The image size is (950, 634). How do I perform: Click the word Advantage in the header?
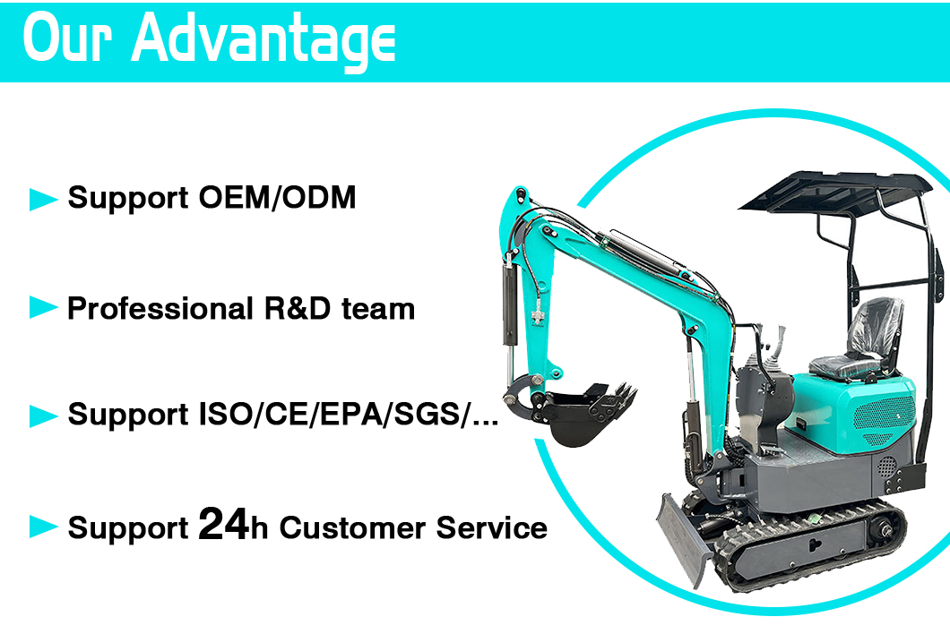[263, 40]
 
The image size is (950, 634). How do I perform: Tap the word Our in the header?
[67, 37]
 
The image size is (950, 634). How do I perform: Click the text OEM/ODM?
[278, 198]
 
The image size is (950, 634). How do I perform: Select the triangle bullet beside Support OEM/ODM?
[43, 199]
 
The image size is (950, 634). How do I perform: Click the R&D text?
[298, 308]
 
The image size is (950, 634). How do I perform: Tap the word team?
[378, 309]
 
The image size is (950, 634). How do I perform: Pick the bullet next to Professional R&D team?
[43, 308]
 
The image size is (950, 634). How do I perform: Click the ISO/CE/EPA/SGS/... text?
[349, 415]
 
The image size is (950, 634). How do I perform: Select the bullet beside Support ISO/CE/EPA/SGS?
[43, 416]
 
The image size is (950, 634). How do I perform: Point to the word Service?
[492, 527]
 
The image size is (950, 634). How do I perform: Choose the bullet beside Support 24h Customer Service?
[43, 527]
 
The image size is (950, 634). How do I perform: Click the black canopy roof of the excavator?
[836, 192]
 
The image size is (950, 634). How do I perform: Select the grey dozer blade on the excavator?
[685, 540]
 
